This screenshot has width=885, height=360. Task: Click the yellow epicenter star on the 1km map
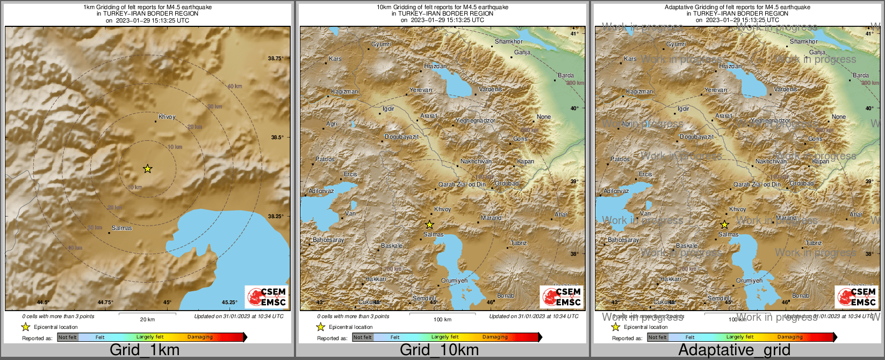point(147,169)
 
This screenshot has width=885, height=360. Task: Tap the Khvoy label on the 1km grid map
point(167,117)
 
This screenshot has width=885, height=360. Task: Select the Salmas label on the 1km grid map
point(122,228)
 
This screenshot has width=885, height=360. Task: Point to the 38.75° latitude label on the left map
point(276,58)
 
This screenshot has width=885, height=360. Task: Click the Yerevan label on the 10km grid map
point(420,90)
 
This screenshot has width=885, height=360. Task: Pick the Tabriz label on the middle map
point(519,243)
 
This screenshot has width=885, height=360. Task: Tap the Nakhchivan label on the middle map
point(476,161)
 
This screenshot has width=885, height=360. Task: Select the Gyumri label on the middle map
point(381,44)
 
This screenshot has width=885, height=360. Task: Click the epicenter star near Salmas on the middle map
point(429,225)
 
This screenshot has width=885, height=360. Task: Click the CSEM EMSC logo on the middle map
point(562,297)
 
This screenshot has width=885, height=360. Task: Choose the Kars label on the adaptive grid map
point(630,59)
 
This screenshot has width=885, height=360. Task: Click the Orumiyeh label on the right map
point(749,280)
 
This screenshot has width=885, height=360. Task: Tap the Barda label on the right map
point(860,75)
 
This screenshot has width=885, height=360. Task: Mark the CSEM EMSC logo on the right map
point(857,297)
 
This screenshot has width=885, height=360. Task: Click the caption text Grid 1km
point(145,350)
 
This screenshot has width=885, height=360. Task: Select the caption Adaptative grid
point(734,350)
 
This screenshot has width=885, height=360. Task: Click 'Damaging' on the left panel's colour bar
point(200,337)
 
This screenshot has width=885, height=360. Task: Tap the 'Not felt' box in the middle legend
point(363,337)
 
